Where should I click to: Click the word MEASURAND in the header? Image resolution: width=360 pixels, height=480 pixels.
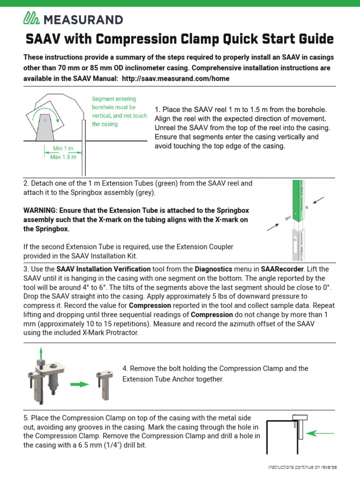click(82, 19)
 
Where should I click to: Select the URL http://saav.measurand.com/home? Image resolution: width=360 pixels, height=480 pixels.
click(175, 79)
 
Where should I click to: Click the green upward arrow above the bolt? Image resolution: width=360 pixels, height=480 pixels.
click(41, 353)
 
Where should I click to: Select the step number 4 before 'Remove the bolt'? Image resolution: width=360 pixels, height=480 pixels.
click(125, 368)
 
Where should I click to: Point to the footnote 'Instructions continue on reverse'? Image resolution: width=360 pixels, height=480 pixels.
click(302, 467)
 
